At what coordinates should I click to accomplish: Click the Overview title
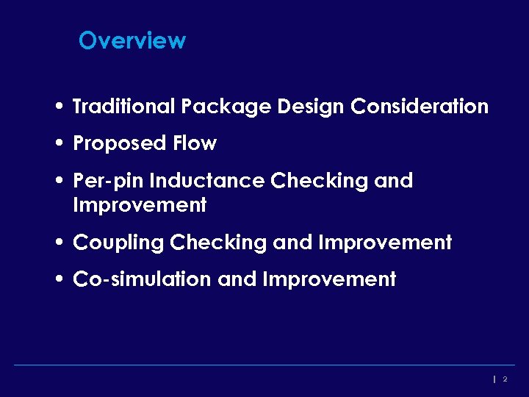coord(132,40)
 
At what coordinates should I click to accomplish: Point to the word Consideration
coord(420,107)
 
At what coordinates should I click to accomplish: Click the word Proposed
coord(118,143)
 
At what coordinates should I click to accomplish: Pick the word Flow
coord(194,143)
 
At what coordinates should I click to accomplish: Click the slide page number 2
coord(505,379)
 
